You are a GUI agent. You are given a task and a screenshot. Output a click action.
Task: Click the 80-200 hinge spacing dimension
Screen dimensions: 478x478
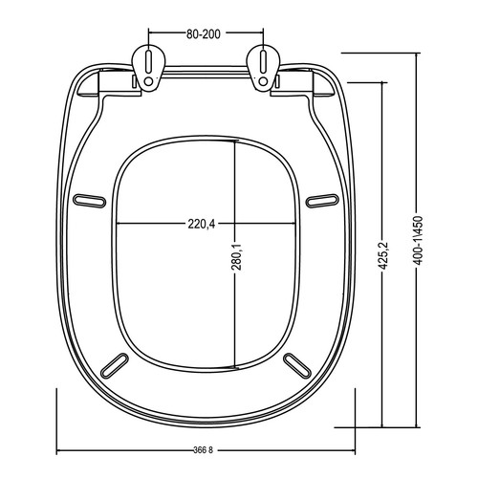tap(204, 34)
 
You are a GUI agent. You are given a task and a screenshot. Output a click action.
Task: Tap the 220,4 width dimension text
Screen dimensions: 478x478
tap(202, 225)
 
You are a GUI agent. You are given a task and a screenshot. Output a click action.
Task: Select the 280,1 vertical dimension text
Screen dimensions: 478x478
tap(237, 256)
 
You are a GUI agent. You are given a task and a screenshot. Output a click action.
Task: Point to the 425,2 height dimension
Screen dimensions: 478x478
tap(383, 255)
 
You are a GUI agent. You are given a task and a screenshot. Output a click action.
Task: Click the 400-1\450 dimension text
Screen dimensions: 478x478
tap(418, 241)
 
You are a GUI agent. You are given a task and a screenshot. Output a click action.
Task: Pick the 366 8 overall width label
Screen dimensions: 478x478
tap(203, 450)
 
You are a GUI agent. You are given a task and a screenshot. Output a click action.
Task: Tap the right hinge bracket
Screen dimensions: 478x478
tap(263, 68)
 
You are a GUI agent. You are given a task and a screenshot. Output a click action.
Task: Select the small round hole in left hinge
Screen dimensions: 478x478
tap(148, 81)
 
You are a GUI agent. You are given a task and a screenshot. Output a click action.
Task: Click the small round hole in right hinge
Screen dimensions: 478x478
tap(263, 81)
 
